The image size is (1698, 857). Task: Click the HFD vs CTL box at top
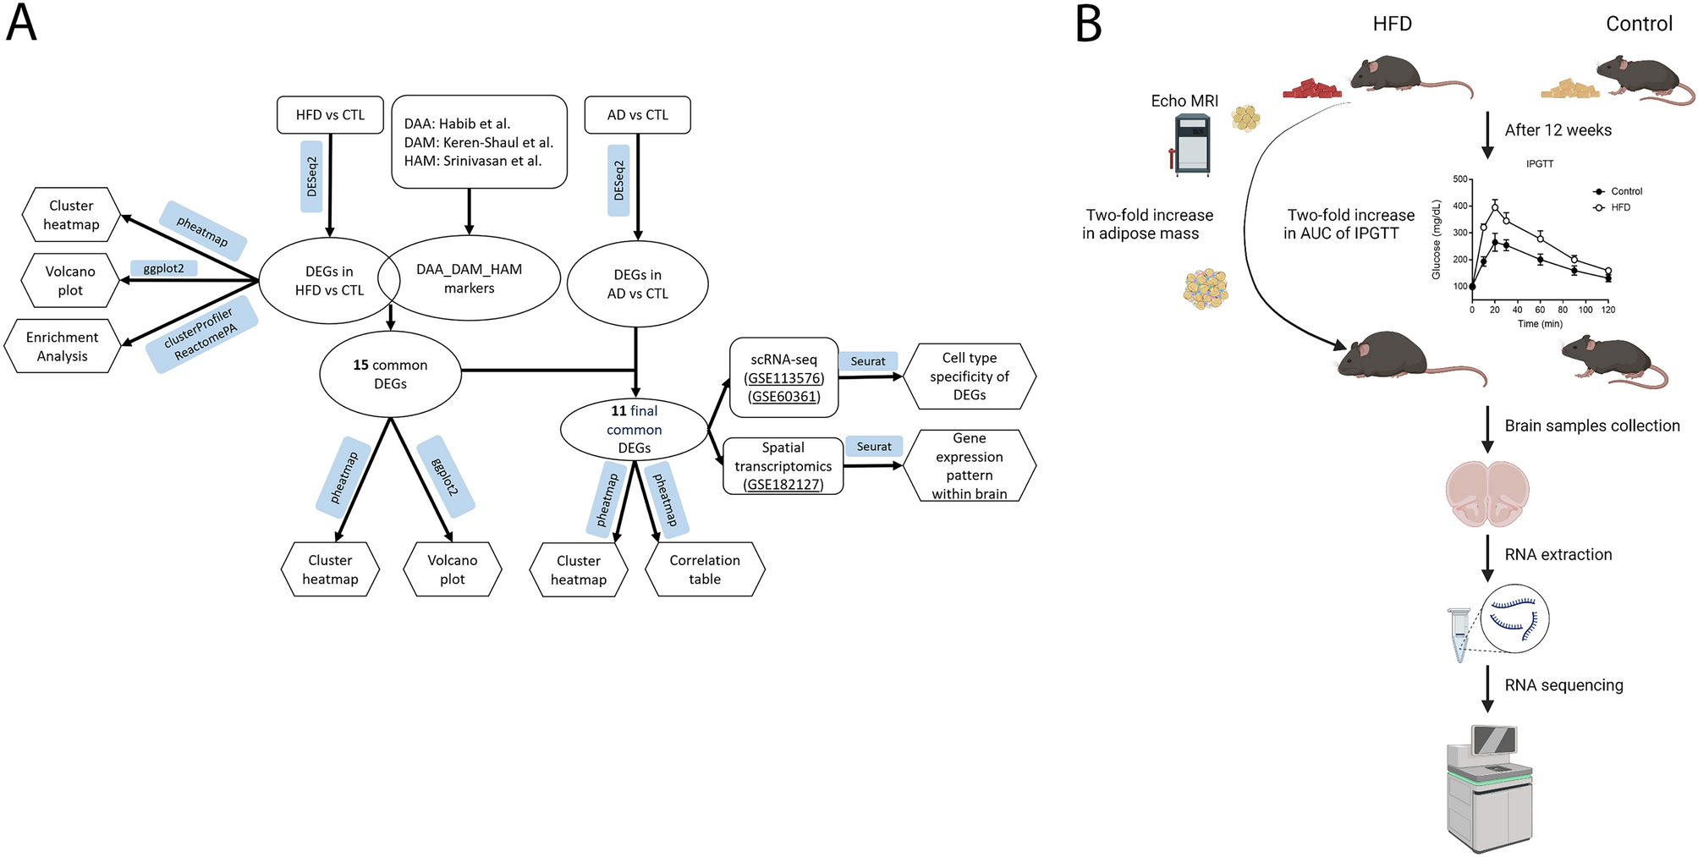(x=330, y=115)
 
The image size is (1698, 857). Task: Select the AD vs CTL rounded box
(x=637, y=115)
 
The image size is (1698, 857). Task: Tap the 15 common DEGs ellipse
(x=390, y=374)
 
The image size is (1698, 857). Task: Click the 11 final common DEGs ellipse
(x=634, y=430)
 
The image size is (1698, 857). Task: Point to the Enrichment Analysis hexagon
(x=62, y=346)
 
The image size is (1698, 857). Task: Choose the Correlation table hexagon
(x=704, y=569)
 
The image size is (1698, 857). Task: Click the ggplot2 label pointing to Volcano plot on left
(x=163, y=268)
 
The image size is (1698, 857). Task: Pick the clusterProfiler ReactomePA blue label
(x=201, y=335)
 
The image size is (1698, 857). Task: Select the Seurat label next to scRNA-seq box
(x=867, y=361)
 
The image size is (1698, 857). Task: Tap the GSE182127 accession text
(x=783, y=485)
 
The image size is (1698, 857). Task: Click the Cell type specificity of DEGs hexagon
(x=969, y=376)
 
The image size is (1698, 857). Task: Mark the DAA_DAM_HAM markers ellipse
(x=469, y=278)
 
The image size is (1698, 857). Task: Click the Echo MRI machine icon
(x=1191, y=145)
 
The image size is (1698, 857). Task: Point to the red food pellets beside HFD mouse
(x=1311, y=88)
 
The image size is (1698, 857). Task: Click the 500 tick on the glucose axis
(x=1460, y=179)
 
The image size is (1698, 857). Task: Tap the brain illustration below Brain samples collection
(x=1486, y=493)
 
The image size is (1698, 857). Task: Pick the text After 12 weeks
(x=1558, y=130)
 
